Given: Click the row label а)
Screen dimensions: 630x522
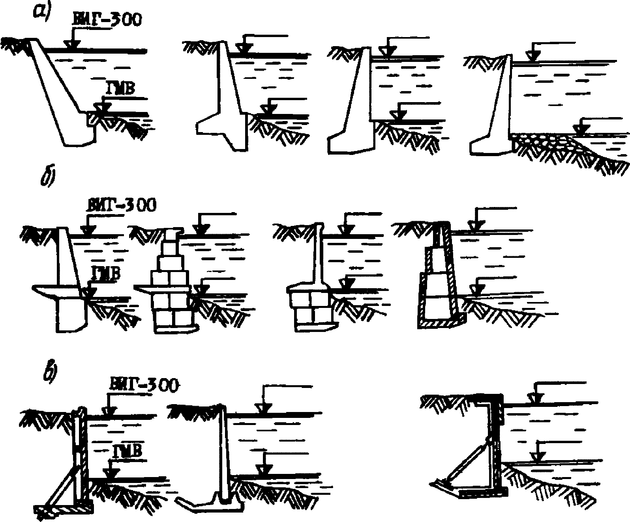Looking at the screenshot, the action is click(41, 13).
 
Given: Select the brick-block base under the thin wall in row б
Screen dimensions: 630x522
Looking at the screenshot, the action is click(310, 306).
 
